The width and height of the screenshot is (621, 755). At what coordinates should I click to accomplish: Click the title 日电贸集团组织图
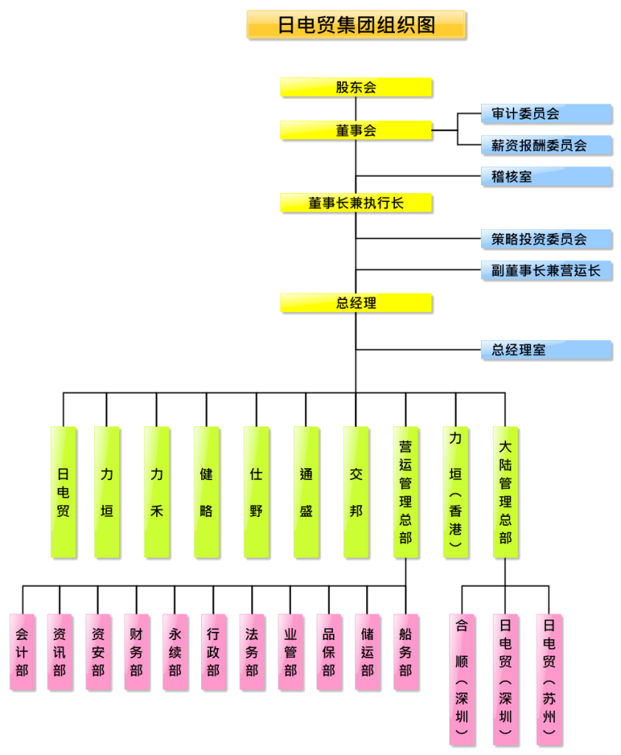(x=357, y=25)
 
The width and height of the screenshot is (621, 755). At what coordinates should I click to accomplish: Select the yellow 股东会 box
(x=356, y=87)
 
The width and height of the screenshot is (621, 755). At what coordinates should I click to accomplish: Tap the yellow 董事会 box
(x=356, y=131)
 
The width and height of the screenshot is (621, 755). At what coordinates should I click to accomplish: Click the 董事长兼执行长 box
(x=356, y=203)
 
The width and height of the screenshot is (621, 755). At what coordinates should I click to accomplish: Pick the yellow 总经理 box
(x=356, y=302)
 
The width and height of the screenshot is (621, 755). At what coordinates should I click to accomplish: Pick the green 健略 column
(x=206, y=492)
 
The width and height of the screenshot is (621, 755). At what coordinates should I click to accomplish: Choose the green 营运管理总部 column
(x=406, y=492)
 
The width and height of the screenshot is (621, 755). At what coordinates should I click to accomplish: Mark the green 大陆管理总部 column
(x=505, y=492)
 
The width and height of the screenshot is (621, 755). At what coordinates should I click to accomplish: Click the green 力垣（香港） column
(x=455, y=492)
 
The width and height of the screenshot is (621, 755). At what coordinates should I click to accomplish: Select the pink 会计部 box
(x=22, y=653)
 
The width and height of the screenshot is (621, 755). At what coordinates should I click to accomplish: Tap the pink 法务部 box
(x=252, y=653)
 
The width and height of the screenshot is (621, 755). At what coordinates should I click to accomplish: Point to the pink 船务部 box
(x=406, y=653)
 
